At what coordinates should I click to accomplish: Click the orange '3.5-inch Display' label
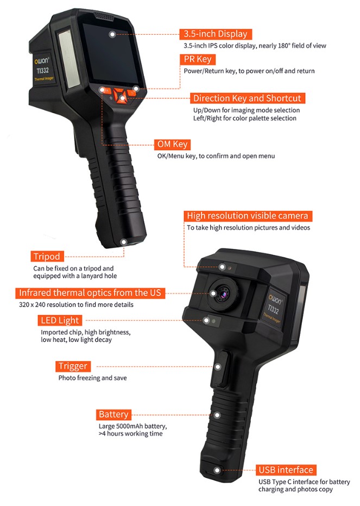pos(216,34)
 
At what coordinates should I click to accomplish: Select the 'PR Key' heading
pos(198,59)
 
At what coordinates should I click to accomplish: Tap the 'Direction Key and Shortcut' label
pos(247,98)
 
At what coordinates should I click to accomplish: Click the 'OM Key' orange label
pos(172,144)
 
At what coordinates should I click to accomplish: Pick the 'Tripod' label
pos(47,257)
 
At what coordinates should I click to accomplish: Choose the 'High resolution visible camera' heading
pos(248,216)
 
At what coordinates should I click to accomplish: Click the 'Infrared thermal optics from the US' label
pos(90,293)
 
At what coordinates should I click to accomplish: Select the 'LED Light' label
pos(60,321)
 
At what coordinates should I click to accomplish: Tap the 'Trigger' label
pos(73,366)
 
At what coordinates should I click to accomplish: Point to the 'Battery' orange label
pos(113,414)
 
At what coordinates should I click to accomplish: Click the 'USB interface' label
pos(286,470)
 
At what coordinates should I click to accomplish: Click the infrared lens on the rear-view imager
pos(223,293)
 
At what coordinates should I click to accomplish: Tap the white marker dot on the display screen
pos(112,34)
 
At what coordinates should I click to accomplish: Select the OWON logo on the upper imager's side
pos(42,61)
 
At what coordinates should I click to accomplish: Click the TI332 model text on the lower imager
pos(273,309)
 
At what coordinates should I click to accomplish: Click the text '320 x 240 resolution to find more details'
pos(76,304)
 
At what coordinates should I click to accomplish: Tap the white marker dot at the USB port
pos(217,471)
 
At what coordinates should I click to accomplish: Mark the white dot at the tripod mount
pos(123,242)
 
